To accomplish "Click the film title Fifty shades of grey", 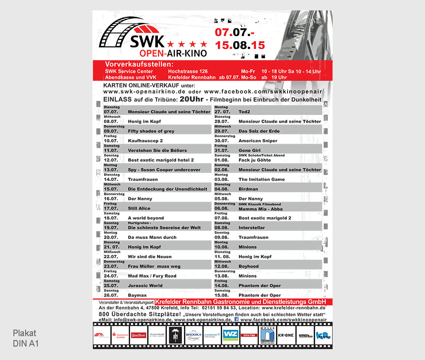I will pyautogui.click(x=151, y=131).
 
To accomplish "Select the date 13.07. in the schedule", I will pyautogui.click(x=111, y=170).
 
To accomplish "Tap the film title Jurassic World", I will pyautogui.click(x=145, y=285).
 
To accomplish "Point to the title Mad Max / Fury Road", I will pyautogui.click(x=152, y=276).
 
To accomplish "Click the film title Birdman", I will pyautogui.click(x=248, y=189).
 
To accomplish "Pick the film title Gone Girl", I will pyautogui.click(x=249, y=151).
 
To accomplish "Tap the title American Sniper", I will pyautogui.click(x=258, y=141).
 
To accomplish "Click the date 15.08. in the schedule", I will pyautogui.click(x=222, y=295).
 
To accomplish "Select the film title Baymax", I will pyautogui.click(x=137, y=295).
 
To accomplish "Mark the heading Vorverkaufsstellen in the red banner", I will pyautogui.click(x=139, y=65).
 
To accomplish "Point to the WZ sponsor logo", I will pyautogui.click(x=230, y=335).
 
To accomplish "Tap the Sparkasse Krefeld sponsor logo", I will pyautogui.click(x=120, y=335).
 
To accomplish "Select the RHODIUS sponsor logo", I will pyautogui.click(x=193, y=335).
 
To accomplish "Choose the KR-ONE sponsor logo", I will pyautogui.click(x=285, y=335).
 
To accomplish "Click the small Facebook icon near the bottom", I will pyautogui.click(x=236, y=319).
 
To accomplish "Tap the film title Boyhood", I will pyautogui.click(x=248, y=266).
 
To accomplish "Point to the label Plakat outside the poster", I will pyautogui.click(x=25, y=333).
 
